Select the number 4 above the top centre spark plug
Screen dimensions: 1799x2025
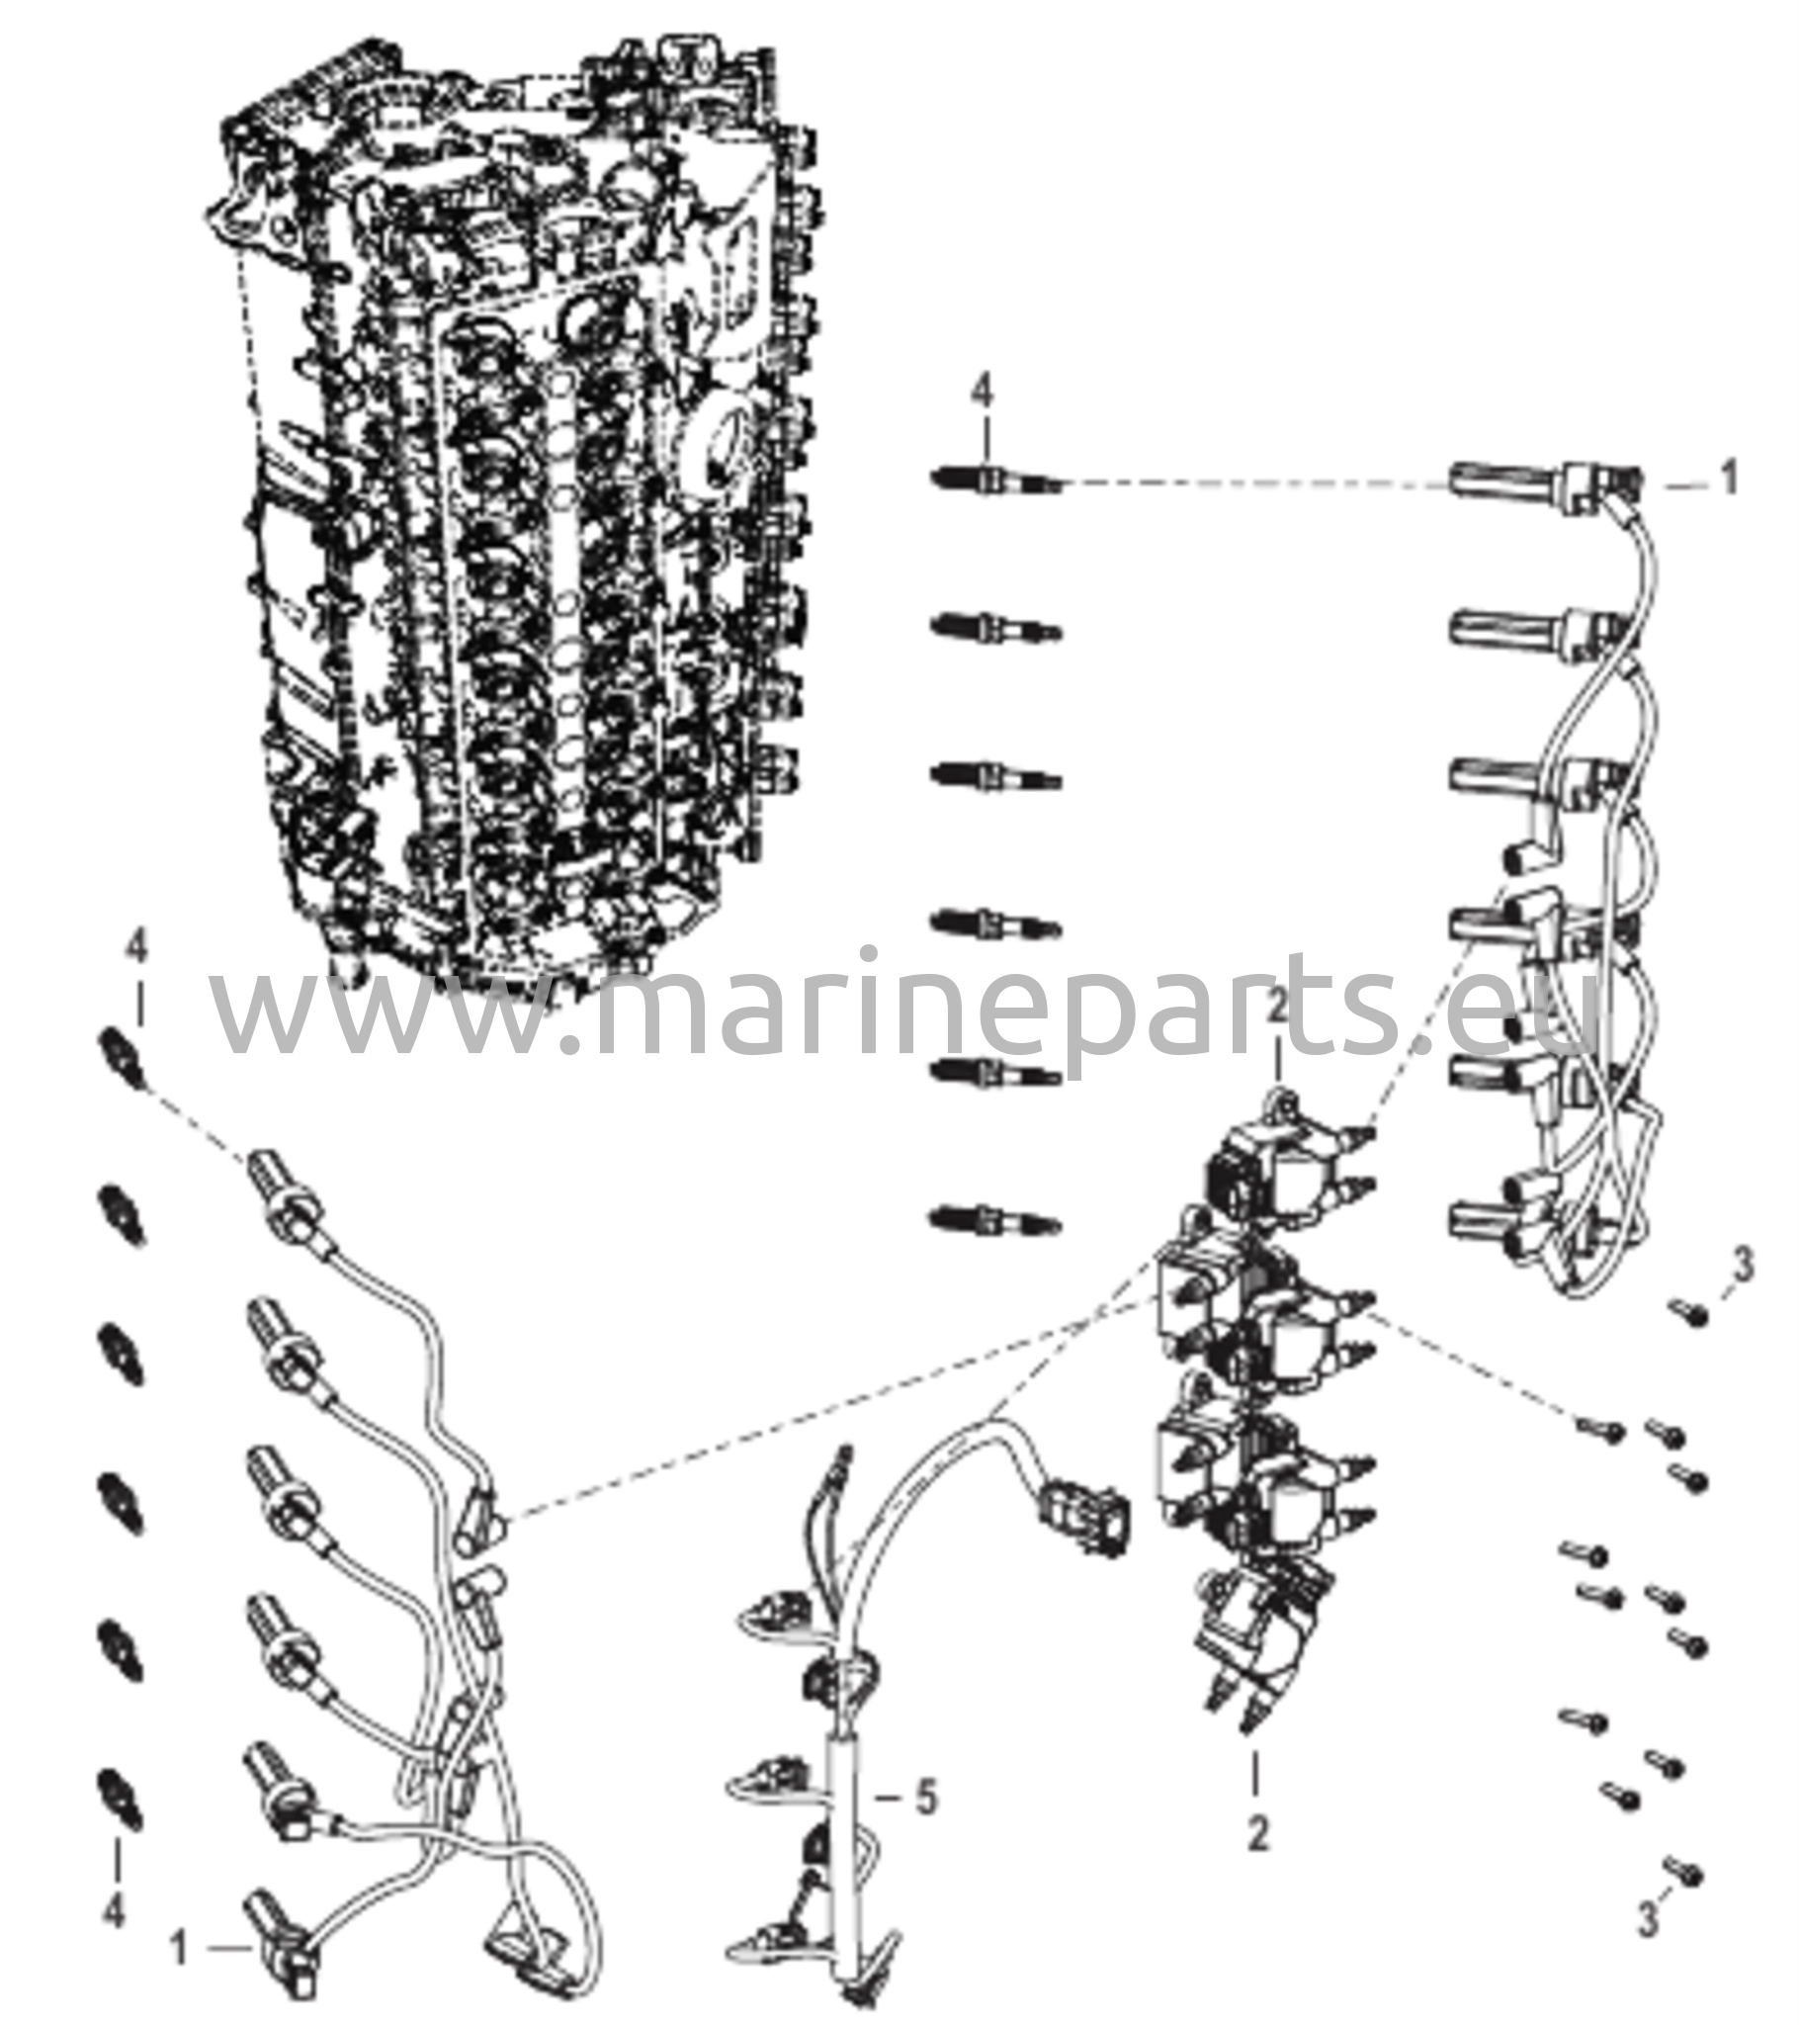(x=981, y=395)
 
